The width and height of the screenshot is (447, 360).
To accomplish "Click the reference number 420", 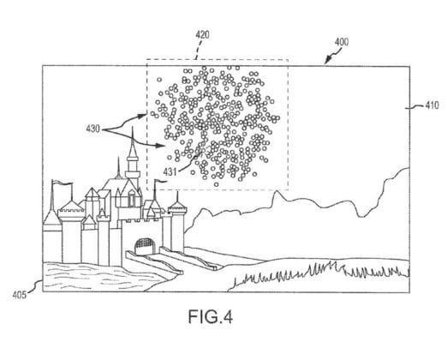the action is click(x=202, y=35).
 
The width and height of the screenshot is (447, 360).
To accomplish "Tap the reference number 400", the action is click(x=342, y=42).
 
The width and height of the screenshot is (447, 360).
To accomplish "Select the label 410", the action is click(x=432, y=105).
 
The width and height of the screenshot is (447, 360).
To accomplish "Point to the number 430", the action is click(x=93, y=129).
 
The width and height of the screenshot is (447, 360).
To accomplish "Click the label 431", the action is click(x=170, y=171).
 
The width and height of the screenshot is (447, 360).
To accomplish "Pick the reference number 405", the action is click(x=20, y=295).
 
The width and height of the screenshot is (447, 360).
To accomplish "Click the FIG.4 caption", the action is click(x=211, y=316).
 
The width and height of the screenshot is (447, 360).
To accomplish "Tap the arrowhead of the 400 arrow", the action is click(x=327, y=60).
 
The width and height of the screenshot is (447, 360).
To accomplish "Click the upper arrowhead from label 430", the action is click(x=142, y=116).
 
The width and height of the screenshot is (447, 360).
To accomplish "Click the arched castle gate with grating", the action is click(x=146, y=246).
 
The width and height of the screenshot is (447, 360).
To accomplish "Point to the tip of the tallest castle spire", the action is click(x=132, y=127).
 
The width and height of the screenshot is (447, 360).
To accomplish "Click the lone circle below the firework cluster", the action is click(x=217, y=184).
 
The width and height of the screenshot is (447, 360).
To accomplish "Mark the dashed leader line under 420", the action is click(x=199, y=50).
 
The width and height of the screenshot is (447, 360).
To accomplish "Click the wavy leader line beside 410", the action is click(x=414, y=107).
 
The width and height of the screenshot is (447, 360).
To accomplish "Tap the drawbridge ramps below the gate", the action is click(x=171, y=260).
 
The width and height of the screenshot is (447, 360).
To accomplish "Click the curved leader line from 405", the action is click(x=35, y=286).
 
